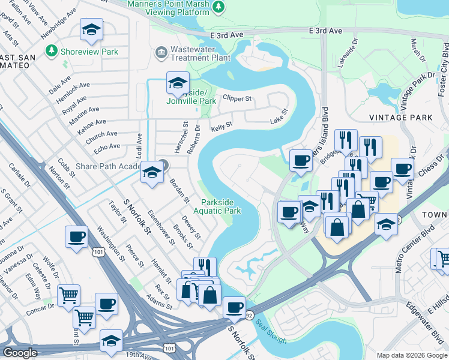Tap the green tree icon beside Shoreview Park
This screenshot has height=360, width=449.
coord(51,52)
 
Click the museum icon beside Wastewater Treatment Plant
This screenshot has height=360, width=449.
coord(161,53)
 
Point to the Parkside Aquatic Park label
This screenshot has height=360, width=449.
coord(221,206)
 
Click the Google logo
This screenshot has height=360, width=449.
coord(20,353)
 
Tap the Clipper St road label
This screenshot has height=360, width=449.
coord(237,97)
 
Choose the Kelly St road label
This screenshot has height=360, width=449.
coord(221,127)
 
